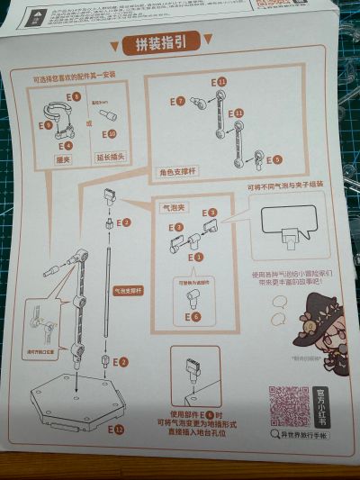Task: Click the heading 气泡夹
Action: tap(171, 207)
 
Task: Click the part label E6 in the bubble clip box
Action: tap(194, 317)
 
